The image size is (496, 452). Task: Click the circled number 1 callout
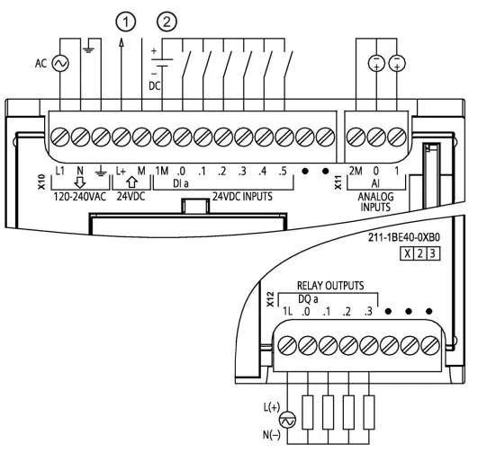(x=126, y=22)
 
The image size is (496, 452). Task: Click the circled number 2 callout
(x=167, y=22)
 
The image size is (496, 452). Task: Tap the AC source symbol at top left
(x=60, y=64)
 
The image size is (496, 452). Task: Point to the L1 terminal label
(x=59, y=171)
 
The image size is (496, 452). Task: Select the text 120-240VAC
(x=80, y=197)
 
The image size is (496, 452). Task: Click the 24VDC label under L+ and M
(x=131, y=197)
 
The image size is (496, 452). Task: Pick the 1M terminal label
(x=162, y=171)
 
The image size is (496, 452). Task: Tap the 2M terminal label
(x=356, y=171)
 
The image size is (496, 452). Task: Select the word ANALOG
(x=375, y=197)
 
